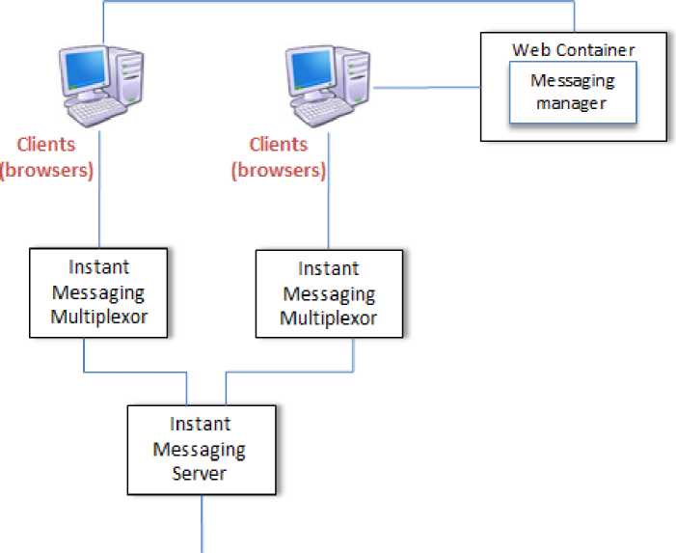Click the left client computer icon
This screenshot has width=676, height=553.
[100, 85]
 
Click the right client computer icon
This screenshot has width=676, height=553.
[329, 85]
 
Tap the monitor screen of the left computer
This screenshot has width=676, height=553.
[84, 69]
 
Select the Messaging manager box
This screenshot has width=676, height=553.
[573, 94]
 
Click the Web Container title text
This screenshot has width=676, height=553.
[574, 49]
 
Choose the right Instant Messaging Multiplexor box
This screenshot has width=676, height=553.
[329, 293]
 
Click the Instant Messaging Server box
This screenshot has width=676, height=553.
[202, 449]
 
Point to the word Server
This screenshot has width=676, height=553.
[202, 473]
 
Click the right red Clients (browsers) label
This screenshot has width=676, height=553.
[278, 157]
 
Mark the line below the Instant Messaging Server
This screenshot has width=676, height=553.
[202, 521]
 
